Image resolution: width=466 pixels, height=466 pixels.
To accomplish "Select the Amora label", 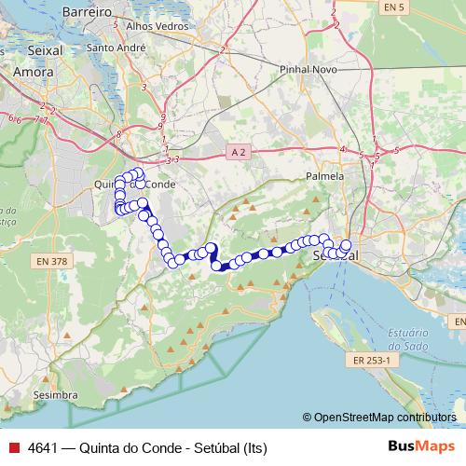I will tap(33, 70).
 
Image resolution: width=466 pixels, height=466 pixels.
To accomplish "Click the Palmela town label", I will tap(325, 175).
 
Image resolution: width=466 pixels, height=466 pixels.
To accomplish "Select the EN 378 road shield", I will tap(53, 261).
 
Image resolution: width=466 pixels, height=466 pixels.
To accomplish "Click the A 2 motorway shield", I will tap(238, 151).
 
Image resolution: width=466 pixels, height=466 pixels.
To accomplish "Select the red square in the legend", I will tap(13, 448).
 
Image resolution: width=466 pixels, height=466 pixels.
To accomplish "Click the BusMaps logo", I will tap(422, 447).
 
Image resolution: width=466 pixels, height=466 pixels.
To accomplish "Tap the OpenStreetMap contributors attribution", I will tap(385, 418).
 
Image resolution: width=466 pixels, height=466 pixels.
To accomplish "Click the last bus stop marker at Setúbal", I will tap(347, 245).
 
